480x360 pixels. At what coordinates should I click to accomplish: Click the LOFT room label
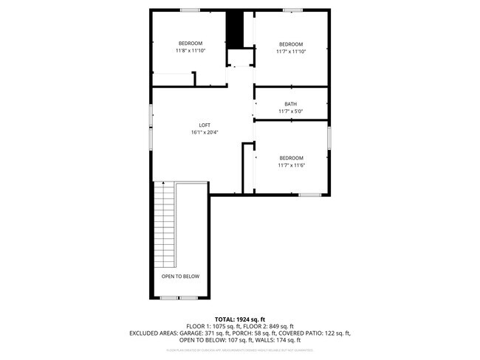204,125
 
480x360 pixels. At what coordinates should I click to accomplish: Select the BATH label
291,104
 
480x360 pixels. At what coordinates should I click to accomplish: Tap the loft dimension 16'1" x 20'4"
204,132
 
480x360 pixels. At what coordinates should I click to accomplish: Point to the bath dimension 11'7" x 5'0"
291,111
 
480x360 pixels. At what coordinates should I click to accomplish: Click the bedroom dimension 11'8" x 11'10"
190,51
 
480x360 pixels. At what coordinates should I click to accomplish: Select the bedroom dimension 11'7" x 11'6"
291,165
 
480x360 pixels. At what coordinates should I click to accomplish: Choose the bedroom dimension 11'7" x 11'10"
291,52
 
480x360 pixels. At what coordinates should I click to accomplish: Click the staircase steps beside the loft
165,225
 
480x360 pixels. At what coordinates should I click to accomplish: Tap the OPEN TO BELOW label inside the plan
180,276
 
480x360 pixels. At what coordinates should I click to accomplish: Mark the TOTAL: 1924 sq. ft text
240,319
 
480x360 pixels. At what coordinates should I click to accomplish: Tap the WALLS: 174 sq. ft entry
281,341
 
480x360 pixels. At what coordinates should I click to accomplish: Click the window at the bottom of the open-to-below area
179,297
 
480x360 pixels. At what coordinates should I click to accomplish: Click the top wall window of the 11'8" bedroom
190,10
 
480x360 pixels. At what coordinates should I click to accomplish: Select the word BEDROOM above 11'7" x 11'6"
291,158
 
